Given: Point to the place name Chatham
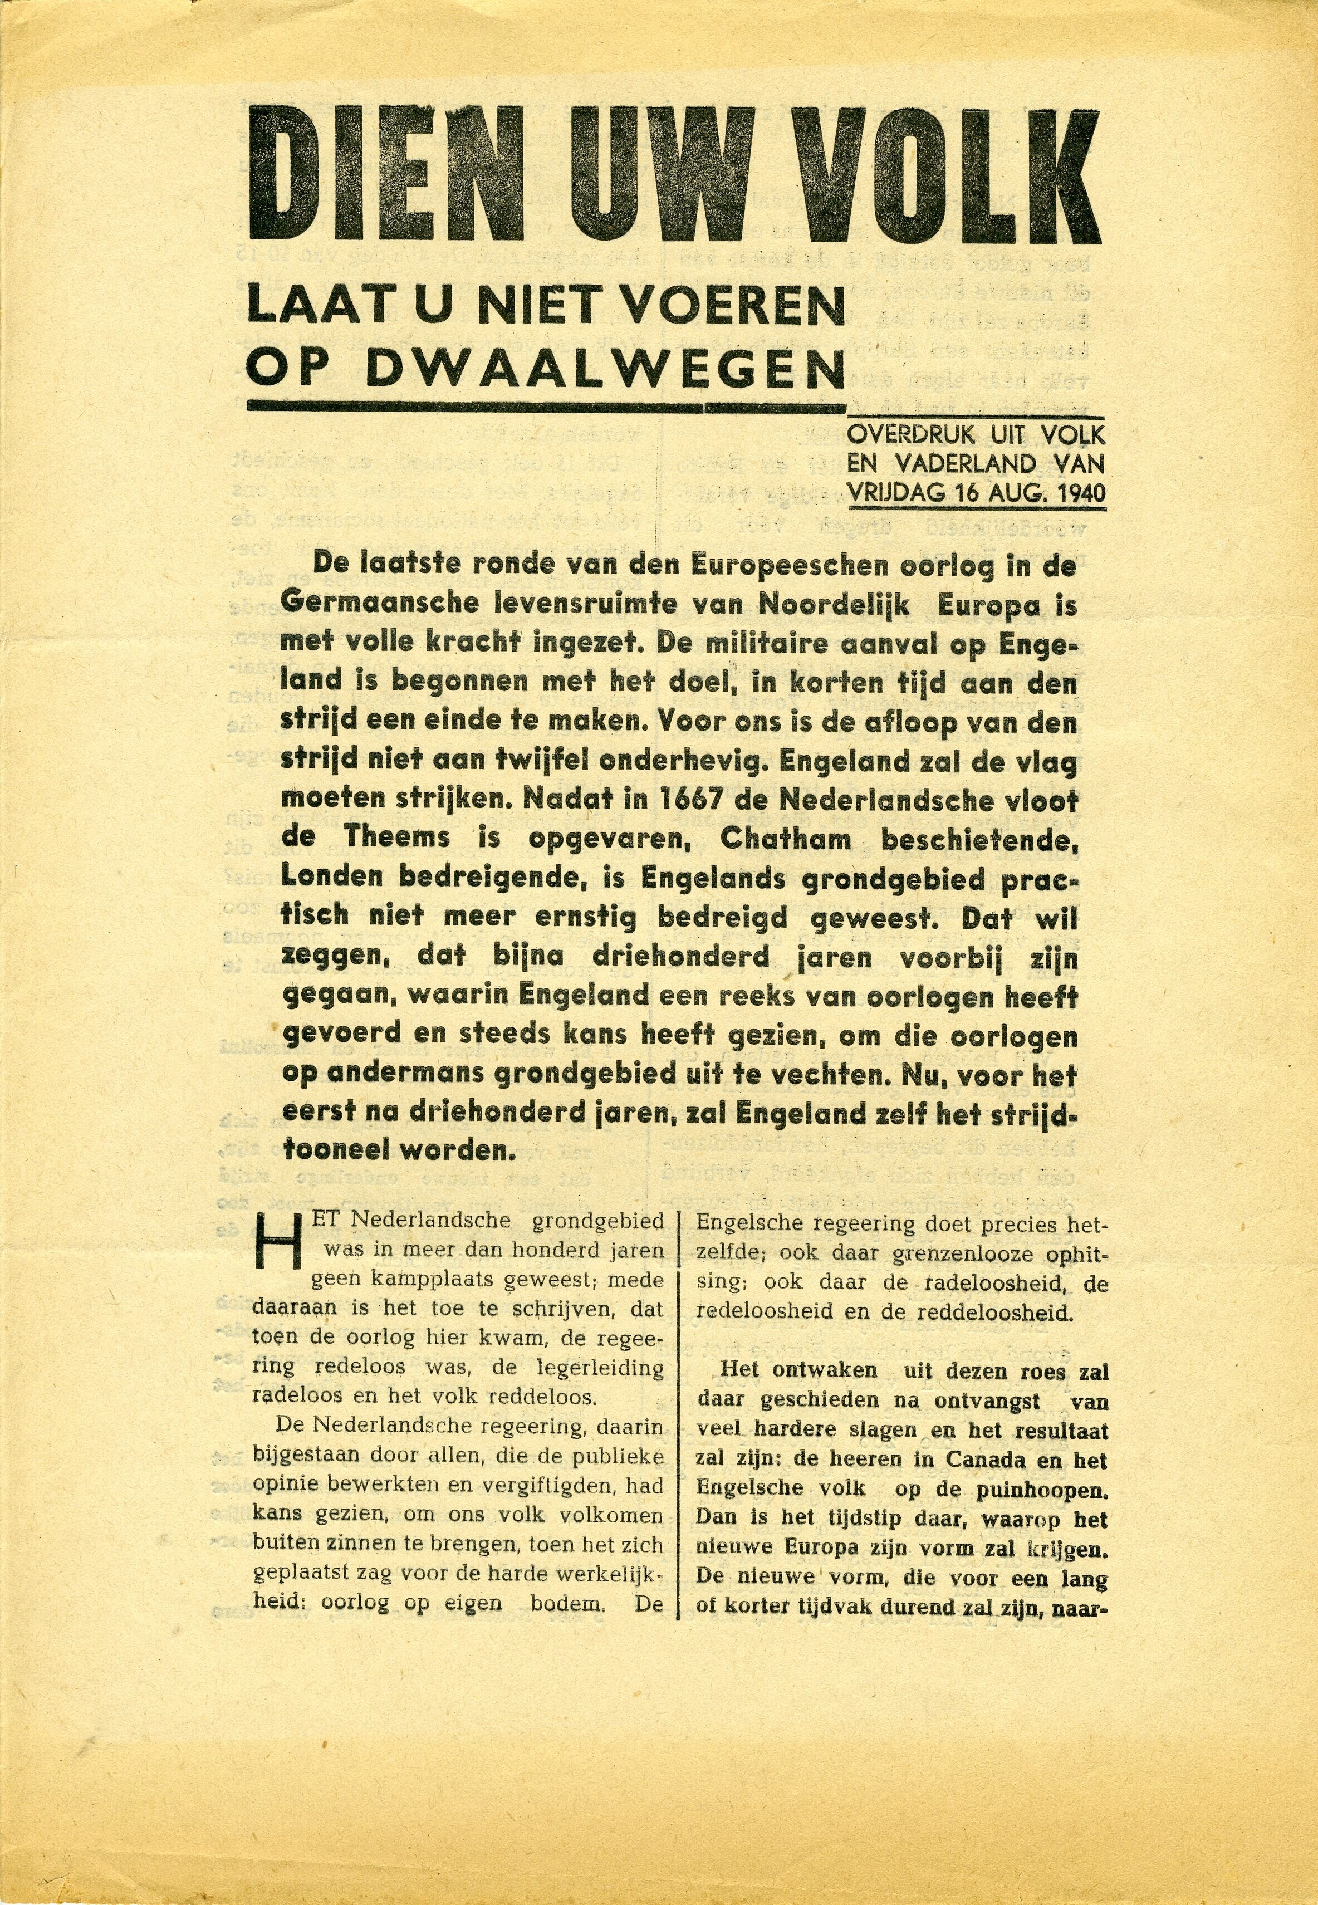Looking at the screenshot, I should [x=785, y=839].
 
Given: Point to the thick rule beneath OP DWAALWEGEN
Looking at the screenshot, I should [x=545, y=407].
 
